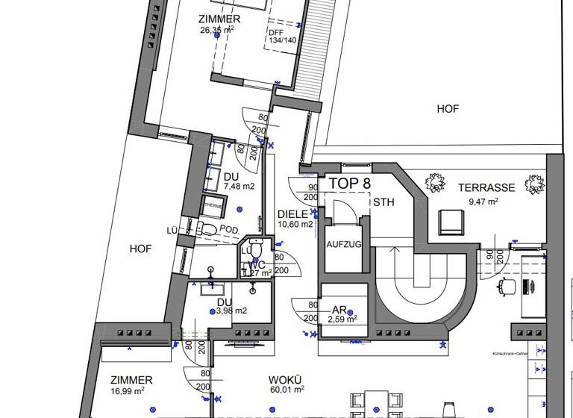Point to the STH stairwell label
383,202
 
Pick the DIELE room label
292,212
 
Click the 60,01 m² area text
287,389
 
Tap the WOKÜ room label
285,379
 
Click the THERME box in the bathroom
215,206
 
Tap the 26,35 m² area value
217,30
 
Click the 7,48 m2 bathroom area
239,187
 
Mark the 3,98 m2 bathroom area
231,311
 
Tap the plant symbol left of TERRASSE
432,182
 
